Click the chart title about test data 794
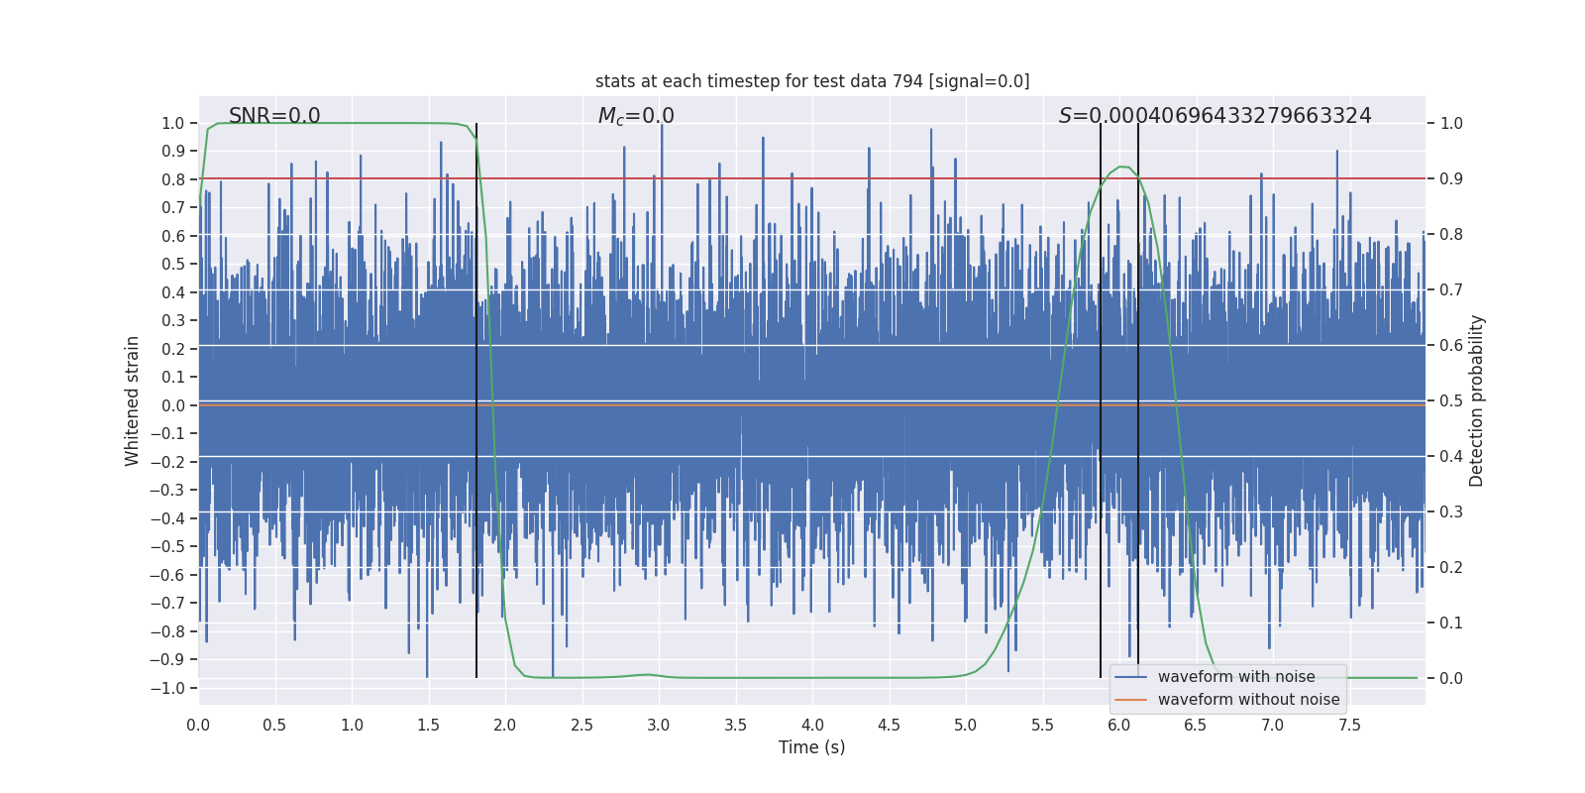812,81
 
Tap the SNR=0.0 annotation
274,116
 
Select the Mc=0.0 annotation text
636,116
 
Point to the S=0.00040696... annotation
1215,116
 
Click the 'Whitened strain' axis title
132,400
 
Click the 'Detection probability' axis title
1477,400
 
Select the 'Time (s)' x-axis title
811,747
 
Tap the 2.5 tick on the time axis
581,725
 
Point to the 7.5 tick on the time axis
1349,725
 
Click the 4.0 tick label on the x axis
812,725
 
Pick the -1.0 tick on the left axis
173,688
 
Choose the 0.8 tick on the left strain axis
173,179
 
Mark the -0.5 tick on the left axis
173,546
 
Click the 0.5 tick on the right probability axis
1451,400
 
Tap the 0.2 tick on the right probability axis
1451,567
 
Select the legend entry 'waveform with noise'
1236,677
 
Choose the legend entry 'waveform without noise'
1248,700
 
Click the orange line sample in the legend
1130,700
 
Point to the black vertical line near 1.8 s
476,396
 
